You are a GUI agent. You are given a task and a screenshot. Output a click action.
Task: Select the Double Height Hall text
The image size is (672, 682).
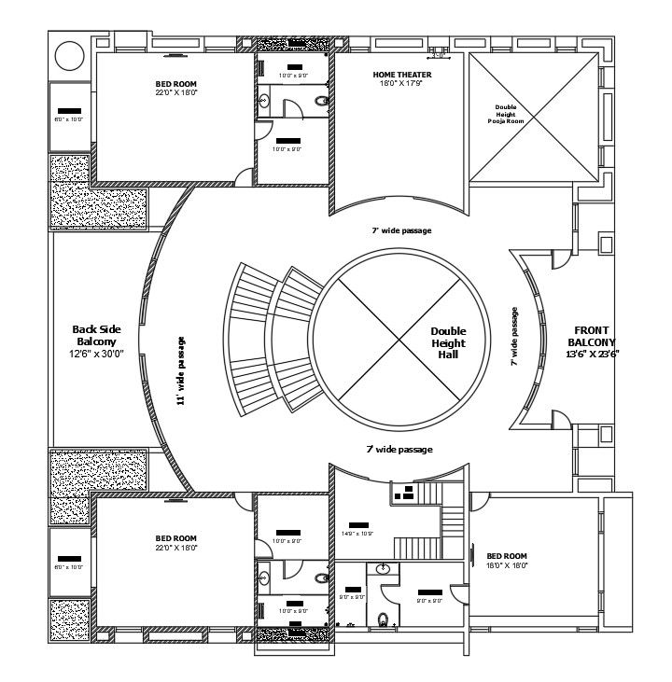447,342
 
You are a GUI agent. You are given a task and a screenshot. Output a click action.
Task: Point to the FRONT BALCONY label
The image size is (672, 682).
591,336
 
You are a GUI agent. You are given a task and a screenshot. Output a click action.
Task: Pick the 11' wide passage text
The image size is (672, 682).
180,370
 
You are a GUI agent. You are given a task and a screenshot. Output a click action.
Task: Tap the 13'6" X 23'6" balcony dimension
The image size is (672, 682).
593,354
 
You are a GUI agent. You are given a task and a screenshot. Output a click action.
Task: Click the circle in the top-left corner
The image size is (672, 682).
70,55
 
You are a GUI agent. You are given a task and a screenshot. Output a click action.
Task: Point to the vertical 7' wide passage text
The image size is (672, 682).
514,337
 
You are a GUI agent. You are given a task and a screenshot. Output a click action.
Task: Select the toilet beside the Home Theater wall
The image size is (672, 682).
322,101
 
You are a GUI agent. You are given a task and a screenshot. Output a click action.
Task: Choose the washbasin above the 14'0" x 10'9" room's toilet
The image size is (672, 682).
384,568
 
